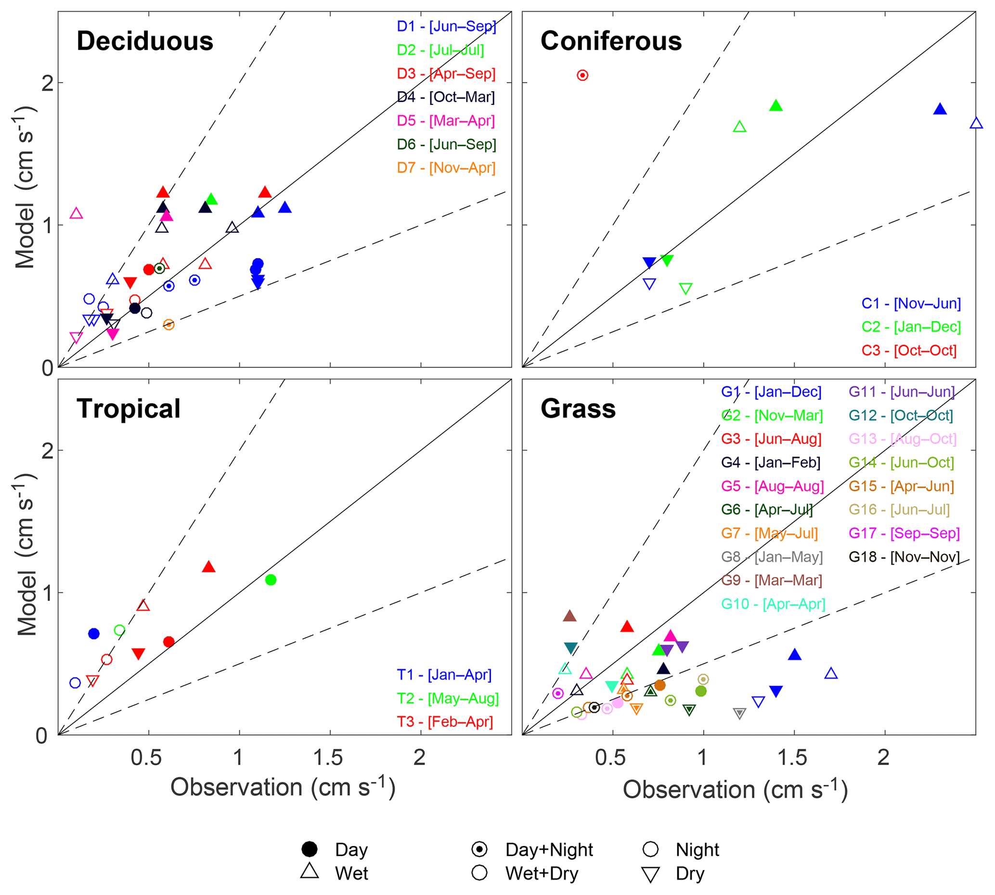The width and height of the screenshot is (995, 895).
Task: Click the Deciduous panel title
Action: pyautogui.click(x=145, y=41)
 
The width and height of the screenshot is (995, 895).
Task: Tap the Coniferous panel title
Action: pyautogui.click(x=611, y=41)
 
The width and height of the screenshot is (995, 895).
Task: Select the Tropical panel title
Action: pyautogui.click(x=129, y=409)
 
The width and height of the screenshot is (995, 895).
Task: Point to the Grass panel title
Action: pyautogui.click(x=578, y=409)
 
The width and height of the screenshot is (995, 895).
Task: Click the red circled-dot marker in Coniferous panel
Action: pyautogui.click(x=582, y=75)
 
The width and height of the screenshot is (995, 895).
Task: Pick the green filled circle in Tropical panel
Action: pyautogui.click(x=270, y=580)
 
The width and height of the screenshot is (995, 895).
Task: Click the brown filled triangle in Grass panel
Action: pyautogui.click(x=569, y=616)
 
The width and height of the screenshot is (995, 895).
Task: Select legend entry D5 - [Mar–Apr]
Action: pyautogui.click(x=446, y=121)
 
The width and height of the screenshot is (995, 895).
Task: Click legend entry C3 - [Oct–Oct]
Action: pyautogui.click(x=909, y=351)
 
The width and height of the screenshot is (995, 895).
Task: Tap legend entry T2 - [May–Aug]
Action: pyautogui.click(x=447, y=698)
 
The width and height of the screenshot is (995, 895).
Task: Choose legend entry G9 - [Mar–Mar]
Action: pyautogui.click(x=772, y=580)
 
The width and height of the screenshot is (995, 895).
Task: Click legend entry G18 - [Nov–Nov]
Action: pyautogui.click(x=904, y=557)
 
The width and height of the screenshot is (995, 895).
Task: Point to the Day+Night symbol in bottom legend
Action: pyautogui.click(x=479, y=849)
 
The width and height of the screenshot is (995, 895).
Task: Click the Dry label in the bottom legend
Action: pyautogui.click(x=690, y=873)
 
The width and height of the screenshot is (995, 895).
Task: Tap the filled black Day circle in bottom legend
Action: pyautogui.click(x=310, y=849)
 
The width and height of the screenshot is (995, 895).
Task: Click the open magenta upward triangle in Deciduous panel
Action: pyautogui.click(x=76, y=214)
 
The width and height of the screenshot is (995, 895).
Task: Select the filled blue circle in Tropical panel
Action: pyautogui.click(x=94, y=634)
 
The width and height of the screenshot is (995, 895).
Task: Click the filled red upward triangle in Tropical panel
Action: pyautogui.click(x=208, y=567)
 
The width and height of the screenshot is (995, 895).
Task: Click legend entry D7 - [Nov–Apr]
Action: pyautogui.click(x=446, y=168)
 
